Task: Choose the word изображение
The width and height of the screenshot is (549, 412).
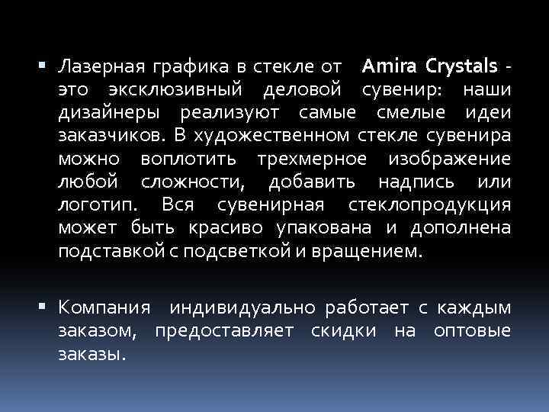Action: (450, 160)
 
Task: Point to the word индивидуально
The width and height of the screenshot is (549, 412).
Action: (243, 309)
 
